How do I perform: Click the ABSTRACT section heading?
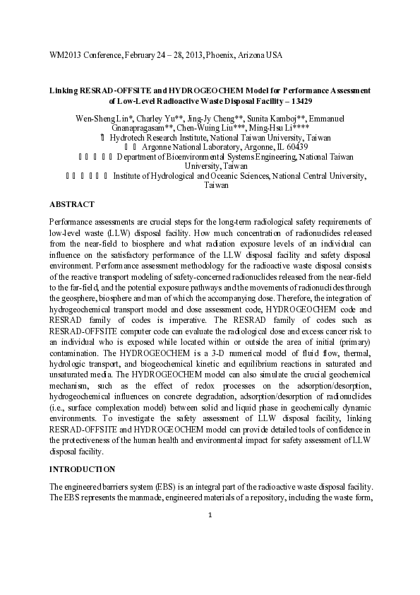pyautogui.click(x=71, y=204)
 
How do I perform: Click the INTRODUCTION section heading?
pyautogui.click(x=83, y=469)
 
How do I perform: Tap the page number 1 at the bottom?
pyautogui.click(x=210, y=514)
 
